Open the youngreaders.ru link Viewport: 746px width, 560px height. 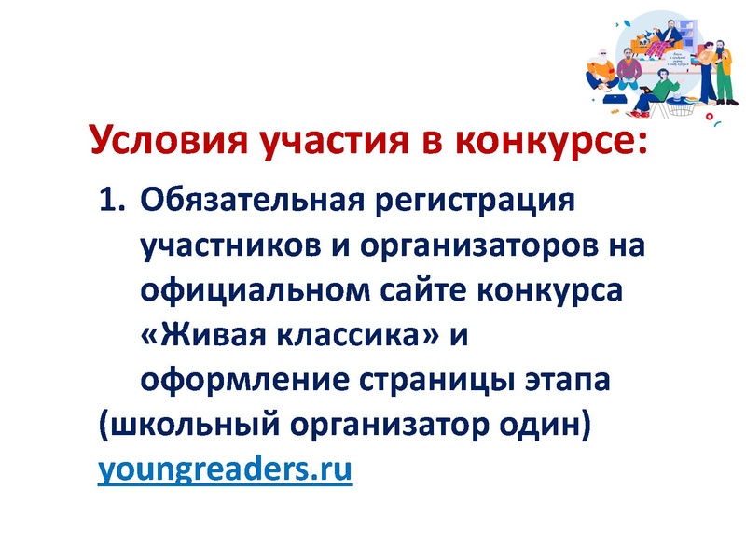pos(226,469)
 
